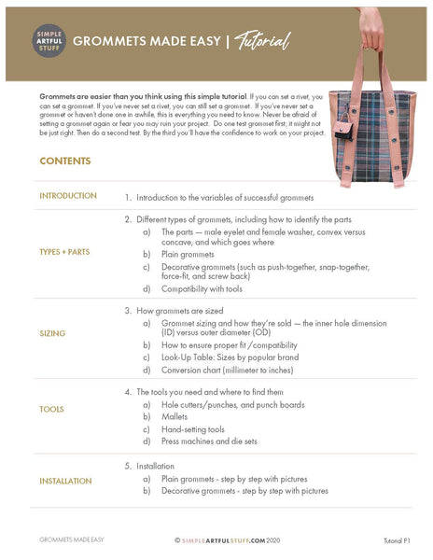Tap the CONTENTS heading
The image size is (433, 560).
(64, 161)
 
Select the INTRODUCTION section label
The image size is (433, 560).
(68, 196)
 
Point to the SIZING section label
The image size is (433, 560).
(52, 333)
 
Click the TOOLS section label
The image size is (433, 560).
(51, 409)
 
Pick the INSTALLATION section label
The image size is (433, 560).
(65, 481)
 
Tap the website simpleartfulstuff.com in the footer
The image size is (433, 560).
(226, 539)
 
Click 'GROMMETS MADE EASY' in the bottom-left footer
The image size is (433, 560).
(71, 539)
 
